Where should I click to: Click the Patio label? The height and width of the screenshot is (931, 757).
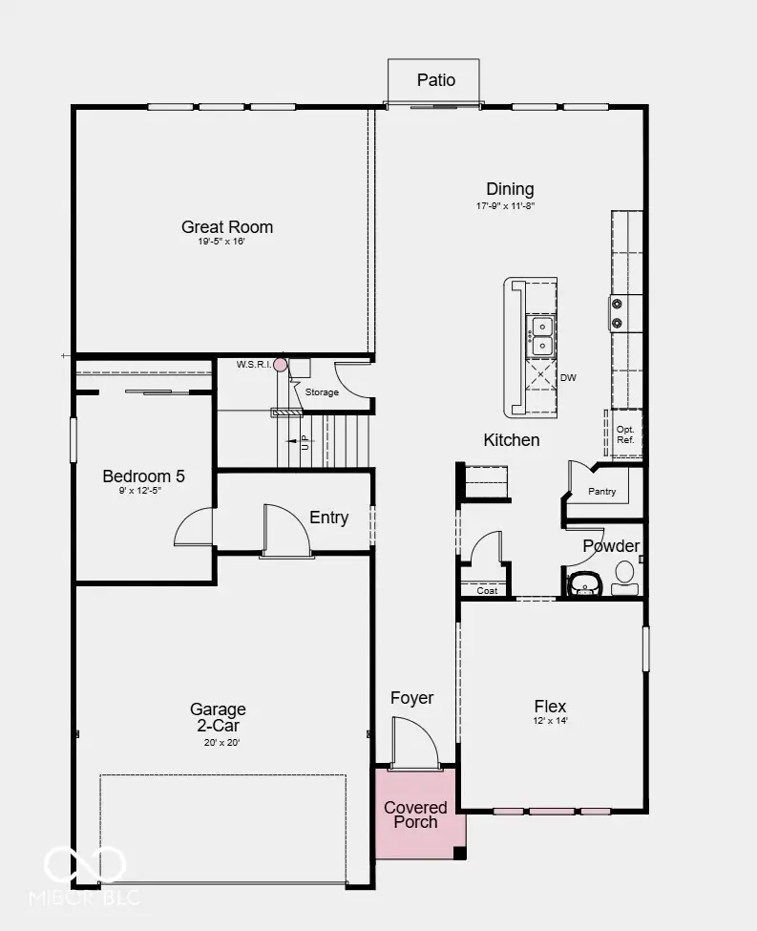pyautogui.click(x=436, y=80)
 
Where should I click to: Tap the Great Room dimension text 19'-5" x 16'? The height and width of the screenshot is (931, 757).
pyautogui.click(x=221, y=242)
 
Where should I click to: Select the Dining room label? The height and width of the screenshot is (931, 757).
pyautogui.click(x=510, y=189)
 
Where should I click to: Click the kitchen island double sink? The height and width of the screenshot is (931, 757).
pyautogui.click(x=542, y=336)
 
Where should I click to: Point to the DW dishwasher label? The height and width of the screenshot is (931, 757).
pyautogui.click(x=568, y=377)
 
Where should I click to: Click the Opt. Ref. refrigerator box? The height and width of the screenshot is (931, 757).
pyautogui.click(x=625, y=434)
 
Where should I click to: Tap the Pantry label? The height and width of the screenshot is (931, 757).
pyautogui.click(x=601, y=492)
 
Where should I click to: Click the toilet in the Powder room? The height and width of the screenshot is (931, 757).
pyautogui.click(x=624, y=578)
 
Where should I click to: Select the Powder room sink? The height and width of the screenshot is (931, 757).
pyautogui.click(x=586, y=584)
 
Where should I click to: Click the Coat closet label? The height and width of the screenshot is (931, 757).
pyautogui.click(x=487, y=591)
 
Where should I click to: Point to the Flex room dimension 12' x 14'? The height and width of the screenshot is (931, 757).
pyautogui.click(x=551, y=721)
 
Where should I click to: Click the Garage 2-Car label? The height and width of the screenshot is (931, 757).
pyautogui.click(x=218, y=717)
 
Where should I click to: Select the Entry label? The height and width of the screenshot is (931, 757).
pyautogui.click(x=328, y=518)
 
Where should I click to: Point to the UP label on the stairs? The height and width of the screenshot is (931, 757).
pyautogui.click(x=305, y=442)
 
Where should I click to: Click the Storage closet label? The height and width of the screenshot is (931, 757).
pyautogui.click(x=322, y=392)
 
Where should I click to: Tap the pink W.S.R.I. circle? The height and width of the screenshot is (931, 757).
pyautogui.click(x=281, y=364)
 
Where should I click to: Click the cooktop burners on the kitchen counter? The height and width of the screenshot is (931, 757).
pyautogui.click(x=617, y=313)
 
